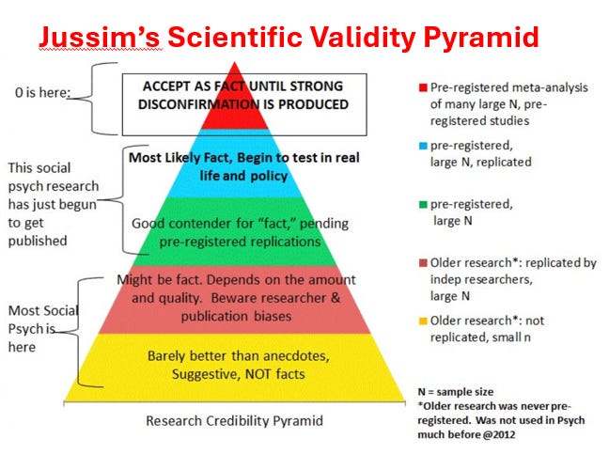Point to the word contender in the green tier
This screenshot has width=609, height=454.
coord(195,224)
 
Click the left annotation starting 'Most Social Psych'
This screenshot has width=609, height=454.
coord(42,328)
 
